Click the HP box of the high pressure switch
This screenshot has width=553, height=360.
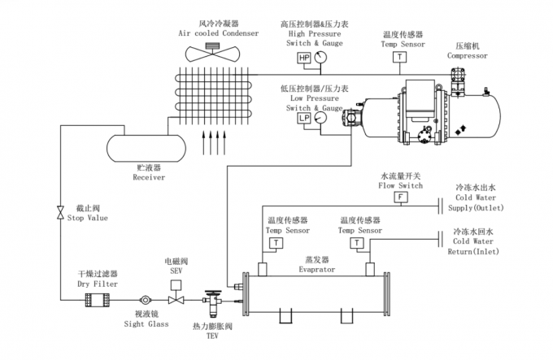(303, 59)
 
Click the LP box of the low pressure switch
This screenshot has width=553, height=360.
(303, 118)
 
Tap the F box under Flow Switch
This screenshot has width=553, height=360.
(399, 197)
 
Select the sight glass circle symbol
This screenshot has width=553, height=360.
(146, 300)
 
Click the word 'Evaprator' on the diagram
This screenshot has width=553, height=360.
(314, 269)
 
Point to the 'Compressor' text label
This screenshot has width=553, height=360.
(468, 56)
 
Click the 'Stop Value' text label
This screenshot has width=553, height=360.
(87, 218)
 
